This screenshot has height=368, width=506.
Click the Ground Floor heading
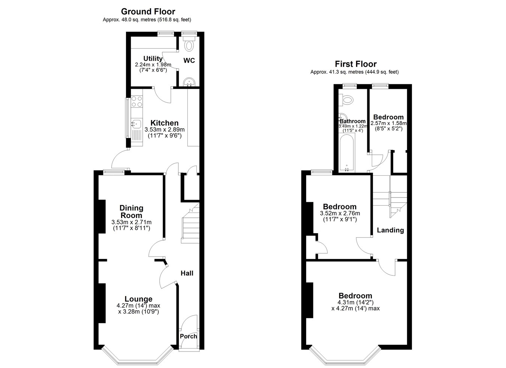pos(148,12)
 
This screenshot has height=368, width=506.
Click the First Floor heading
pos(356,64)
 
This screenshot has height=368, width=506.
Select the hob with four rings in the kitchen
pos(137,102)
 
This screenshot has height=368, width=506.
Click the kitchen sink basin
pos(136,124)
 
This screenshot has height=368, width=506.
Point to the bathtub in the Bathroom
pos(347,153)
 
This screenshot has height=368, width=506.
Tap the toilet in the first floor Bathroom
pos(346,99)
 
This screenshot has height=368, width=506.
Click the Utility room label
pos(153,58)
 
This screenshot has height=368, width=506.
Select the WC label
pos(189,61)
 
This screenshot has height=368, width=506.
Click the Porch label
pos(189,337)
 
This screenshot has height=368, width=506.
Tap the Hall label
pos(187,273)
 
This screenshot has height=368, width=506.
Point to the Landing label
pos(390,230)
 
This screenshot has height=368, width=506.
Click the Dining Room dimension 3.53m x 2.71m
pos(131,222)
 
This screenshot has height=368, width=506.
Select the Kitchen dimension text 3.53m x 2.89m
pos(165,130)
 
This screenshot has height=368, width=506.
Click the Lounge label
pos(138,299)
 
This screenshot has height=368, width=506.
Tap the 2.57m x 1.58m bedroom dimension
pos(389,123)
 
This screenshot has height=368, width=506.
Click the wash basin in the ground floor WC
pos(189,82)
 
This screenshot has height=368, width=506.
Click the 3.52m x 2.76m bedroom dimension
pos(340,213)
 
